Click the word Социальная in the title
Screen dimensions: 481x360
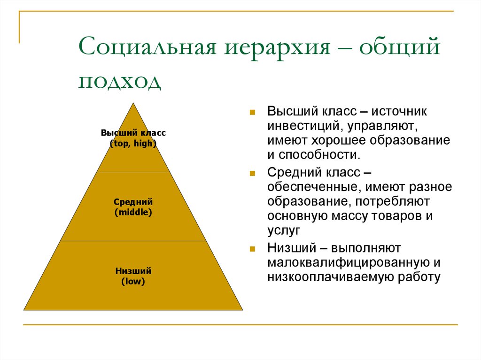point(147,47)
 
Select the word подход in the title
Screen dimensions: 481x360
point(120,82)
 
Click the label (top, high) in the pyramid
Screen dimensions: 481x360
point(133,144)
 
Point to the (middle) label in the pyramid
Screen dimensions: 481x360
point(133,212)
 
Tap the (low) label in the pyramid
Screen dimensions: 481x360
point(133,281)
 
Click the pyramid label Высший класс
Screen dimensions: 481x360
point(133,133)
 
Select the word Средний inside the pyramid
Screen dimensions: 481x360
point(133,202)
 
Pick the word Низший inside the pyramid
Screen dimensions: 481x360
point(133,271)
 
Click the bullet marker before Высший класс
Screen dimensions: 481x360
point(252,112)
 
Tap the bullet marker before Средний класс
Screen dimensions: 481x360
point(252,174)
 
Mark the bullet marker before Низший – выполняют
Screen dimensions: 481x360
point(252,249)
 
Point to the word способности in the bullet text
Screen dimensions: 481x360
point(319,155)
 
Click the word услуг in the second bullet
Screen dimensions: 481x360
point(284,230)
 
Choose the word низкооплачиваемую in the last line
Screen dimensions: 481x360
point(330,277)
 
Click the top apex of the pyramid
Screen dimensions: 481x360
point(133,103)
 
